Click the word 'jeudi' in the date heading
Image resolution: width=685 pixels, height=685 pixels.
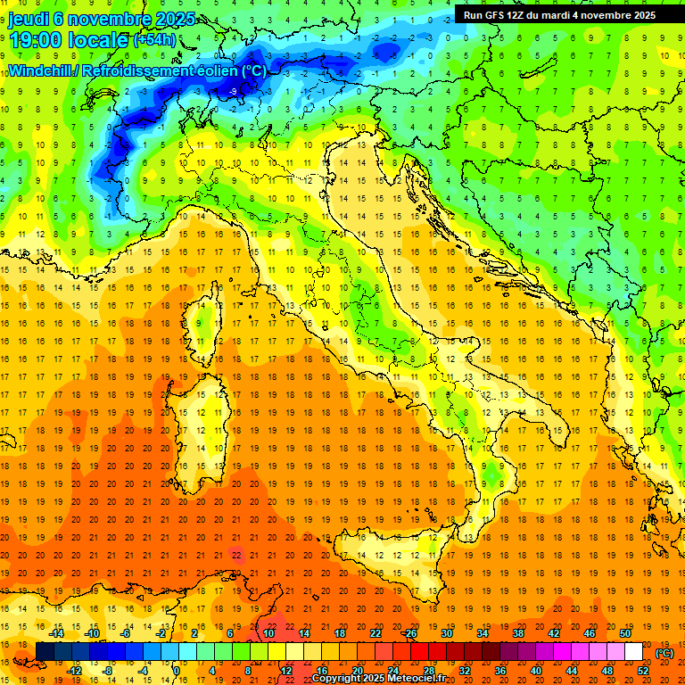click(x=30, y=19)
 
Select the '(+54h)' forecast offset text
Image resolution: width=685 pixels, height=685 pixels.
click(x=154, y=40)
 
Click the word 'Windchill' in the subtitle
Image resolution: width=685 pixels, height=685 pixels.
click(x=39, y=70)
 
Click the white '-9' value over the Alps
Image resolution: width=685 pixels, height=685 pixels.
click(x=232, y=92)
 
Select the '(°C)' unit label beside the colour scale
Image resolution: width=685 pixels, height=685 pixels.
click(x=664, y=653)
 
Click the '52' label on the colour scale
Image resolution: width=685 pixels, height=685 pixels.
click(x=643, y=671)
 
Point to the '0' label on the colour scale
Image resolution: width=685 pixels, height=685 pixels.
click(x=177, y=671)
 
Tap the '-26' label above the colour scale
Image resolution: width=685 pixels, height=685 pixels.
click(x=409, y=633)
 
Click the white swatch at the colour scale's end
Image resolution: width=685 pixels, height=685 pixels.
click(x=633, y=652)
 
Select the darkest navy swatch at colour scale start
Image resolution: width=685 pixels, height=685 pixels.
click(x=45, y=652)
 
